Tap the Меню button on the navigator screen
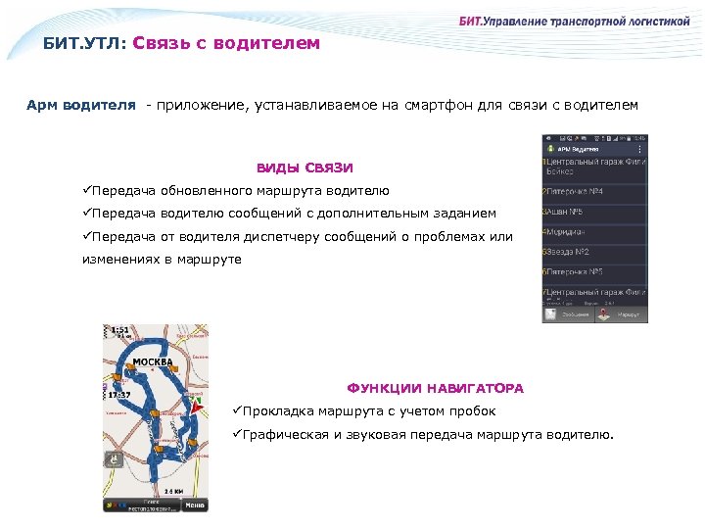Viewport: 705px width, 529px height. pyautogui.click(x=196, y=505)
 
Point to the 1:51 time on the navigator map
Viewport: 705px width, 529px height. pyautogui.click(x=119, y=331)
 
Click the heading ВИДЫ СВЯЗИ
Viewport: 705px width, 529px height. pyautogui.click(x=305, y=168)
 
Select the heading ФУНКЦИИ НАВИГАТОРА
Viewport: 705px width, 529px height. pyautogui.click(x=436, y=388)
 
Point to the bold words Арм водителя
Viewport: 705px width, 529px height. pyautogui.click(x=81, y=105)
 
